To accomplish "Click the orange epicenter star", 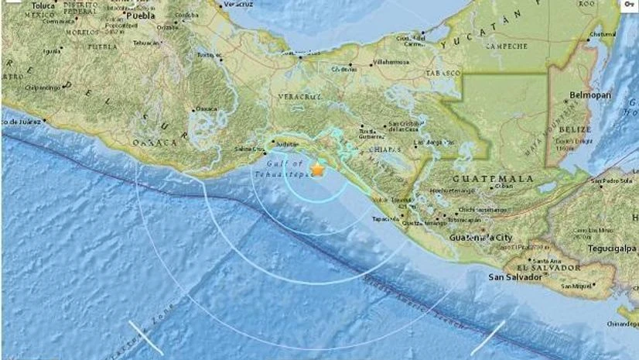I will (317, 169).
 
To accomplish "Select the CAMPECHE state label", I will (484, 46).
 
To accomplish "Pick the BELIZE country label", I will (576, 129).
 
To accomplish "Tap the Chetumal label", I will (603, 34).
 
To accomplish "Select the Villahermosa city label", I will (388, 60).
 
